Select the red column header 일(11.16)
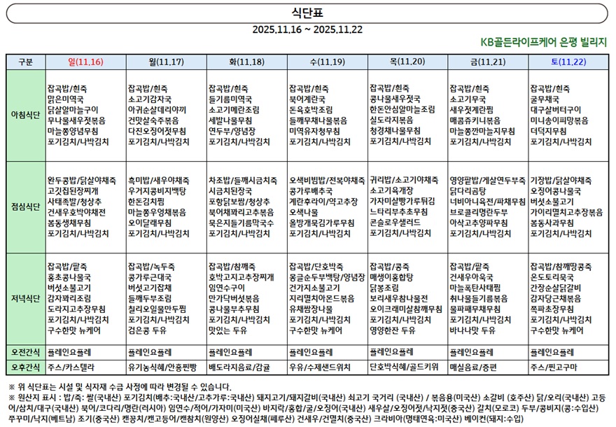85,62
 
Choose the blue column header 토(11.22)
568,62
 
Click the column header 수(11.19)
327,62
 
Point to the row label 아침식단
25,115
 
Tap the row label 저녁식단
25,298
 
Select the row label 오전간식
25,351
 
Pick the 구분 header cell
25,62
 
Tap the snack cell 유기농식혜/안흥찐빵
162,367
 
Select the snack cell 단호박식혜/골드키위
404,367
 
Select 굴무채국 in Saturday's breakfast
547,99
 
